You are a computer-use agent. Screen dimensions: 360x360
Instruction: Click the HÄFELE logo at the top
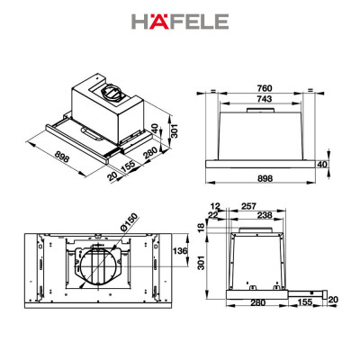point(179,21)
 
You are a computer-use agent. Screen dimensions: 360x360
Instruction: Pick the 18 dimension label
point(199,229)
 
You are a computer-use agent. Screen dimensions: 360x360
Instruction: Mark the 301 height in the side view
point(199,264)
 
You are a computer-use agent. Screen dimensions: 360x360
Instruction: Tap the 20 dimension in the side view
point(333,299)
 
